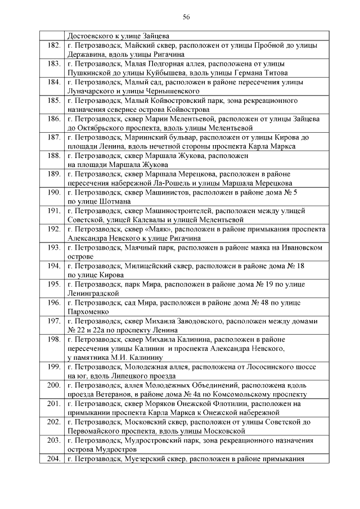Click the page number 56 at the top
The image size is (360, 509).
point(186,17)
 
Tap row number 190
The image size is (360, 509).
point(54,192)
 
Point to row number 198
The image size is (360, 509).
point(54,340)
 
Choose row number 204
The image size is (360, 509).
point(54,458)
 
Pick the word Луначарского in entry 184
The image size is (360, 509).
point(93,91)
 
